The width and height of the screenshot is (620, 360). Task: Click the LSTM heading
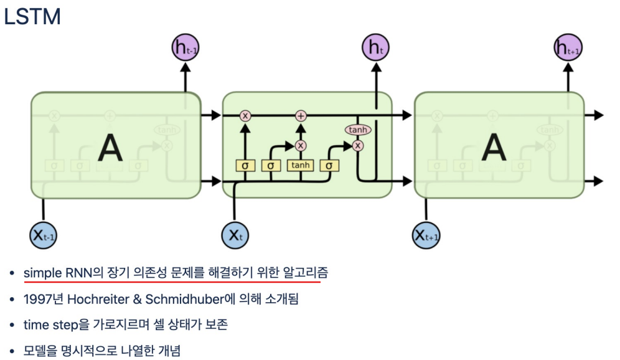coord(32,17)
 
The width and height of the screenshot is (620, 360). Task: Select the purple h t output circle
coord(375,48)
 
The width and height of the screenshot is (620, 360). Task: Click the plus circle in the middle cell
coord(301,115)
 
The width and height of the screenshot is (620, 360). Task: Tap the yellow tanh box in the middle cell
coord(301,165)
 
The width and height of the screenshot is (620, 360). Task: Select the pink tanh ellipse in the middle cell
coord(357,130)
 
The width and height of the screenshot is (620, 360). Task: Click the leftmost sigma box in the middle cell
coord(245,165)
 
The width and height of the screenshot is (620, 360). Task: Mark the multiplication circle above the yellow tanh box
coord(301,145)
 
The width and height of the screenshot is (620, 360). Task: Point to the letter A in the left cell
coord(110,148)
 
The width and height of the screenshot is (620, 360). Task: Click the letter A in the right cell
coord(494,148)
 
